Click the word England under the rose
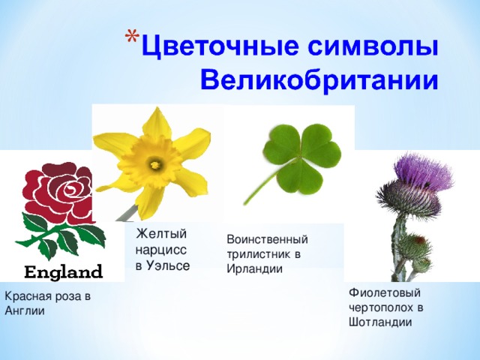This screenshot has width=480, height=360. pyautogui.click(x=64, y=270)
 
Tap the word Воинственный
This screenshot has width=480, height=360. pyautogui.click(x=267, y=239)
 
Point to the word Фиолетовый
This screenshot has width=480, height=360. pyautogui.click(x=385, y=292)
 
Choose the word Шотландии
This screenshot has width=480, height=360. pyautogui.click(x=380, y=322)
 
